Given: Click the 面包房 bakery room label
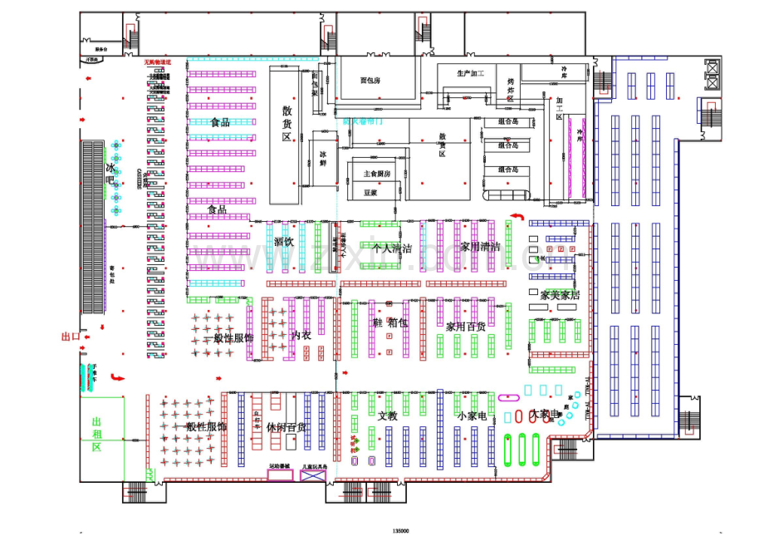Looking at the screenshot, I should [x=370, y=81].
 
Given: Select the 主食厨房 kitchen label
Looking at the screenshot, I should [x=376, y=174].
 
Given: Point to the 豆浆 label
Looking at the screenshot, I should [x=370, y=192].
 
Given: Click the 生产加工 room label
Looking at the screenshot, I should [x=470, y=73].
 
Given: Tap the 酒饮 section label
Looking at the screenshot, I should [x=283, y=242].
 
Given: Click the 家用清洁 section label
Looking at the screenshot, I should [x=480, y=247].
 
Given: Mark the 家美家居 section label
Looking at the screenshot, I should [x=560, y=295].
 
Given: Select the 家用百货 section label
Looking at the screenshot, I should [x=465, y=327].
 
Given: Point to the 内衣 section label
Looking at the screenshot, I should [x=301, y=335].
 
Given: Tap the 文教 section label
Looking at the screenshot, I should [x=388, y=416].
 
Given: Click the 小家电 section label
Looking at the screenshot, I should [x=470, y=416].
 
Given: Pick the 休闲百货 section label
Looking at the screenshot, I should [x=286, y=427].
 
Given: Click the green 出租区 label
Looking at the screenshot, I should [x=96, y=435].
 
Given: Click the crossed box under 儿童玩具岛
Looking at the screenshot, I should [x=315, y=478].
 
